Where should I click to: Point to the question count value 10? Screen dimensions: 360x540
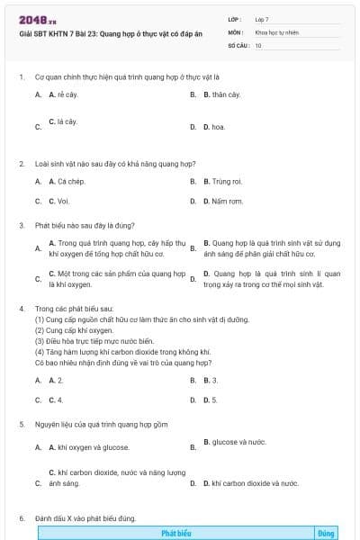(x=258, y=44)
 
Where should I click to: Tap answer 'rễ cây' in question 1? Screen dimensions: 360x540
(x=66, y=94)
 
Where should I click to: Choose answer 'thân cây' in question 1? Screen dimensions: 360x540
(x=221, y=94)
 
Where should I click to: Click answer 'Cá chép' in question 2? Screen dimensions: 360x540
(x=69, y=182)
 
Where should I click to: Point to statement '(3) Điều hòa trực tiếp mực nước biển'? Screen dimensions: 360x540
(x=94, y=341)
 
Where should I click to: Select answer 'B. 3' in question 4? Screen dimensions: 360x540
(x=212, y=380)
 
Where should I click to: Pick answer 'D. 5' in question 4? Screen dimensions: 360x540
(x=212, y=400)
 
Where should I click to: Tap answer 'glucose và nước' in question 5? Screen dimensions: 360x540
(x=238, y=442)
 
